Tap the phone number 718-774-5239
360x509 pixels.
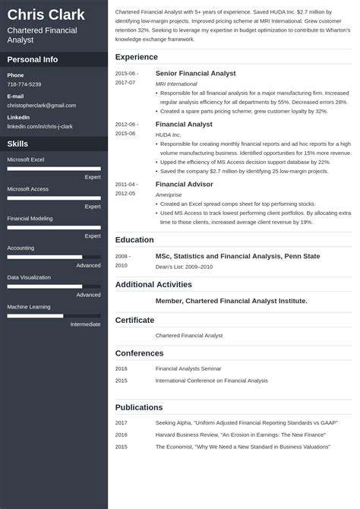tap(24, 84)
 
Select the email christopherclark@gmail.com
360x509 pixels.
tap(42, 106)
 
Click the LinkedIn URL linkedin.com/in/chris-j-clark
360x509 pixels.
tap(40, 126)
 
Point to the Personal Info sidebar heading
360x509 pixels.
tap(33, 59)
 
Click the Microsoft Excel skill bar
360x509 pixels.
tap(54, 169)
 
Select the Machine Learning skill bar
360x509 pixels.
tap(54, 315)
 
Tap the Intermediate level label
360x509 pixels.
tap(85, 324)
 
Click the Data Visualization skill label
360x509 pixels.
tap(30, 277)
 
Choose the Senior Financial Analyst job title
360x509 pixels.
tap(195, 73)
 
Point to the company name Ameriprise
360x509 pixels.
tap(169, 194)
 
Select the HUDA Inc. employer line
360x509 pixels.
tap(169, 134)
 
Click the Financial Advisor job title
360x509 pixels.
tap(184, 184)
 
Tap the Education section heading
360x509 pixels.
tap(134, 240)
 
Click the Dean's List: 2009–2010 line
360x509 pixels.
tap(183, 266)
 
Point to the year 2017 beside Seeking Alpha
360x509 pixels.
tap(122, 422)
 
